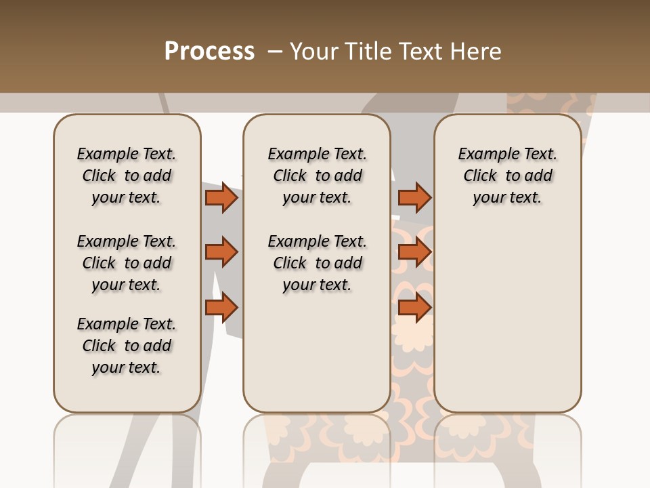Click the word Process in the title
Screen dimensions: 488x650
click(x=209, y=51)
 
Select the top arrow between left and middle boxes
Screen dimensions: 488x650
click(x=221, y=197)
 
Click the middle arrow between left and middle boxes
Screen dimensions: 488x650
click(x=221, y=252)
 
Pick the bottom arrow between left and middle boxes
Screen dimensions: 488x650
click(x=221, y=308)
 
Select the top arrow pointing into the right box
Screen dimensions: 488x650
click(x=414, y=197)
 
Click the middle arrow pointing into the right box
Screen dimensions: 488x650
click(x=414, y=252)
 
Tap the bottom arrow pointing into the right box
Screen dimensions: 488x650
click(x=414, y=308)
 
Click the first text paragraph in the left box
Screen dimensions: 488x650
click(x=127, y=176)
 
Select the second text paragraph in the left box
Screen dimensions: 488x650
click(x=127, y=263)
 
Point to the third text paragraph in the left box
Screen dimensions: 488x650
click(x=127, y=346)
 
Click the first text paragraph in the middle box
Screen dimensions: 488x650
click(x=317, y=176)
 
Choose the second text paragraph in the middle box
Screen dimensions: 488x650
click(x=317, y=263)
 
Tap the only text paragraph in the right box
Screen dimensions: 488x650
click(x=508, y=176)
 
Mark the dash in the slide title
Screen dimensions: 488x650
click(x=275, y=51)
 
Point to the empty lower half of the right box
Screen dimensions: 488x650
click(x=508, y=319)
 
